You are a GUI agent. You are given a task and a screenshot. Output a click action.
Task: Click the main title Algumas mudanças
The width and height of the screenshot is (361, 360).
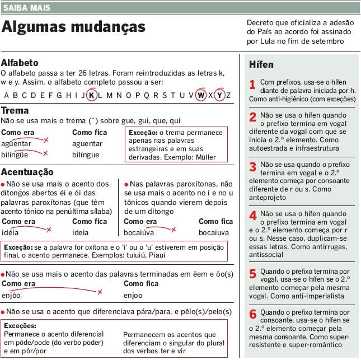[x=73, y=27]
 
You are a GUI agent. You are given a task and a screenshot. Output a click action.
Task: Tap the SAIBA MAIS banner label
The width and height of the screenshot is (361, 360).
[x=26, y=8]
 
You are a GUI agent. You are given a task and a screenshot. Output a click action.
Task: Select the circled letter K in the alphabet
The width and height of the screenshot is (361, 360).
[x=91, y=95]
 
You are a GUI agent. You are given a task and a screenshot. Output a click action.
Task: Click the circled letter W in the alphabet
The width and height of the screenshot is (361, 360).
[x=201, y=95]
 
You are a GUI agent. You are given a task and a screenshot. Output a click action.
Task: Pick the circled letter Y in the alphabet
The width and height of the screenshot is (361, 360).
[x=219, y=95]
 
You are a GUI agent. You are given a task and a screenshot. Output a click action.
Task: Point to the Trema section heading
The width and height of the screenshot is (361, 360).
[x=15, y=110]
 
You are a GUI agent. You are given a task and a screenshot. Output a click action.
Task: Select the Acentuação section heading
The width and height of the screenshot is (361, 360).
[x=27, y=172]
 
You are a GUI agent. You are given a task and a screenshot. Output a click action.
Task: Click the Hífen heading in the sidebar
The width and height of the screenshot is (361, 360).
[x=261, y=65]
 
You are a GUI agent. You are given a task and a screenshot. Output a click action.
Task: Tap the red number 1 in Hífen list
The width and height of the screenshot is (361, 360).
[x=252, y=85]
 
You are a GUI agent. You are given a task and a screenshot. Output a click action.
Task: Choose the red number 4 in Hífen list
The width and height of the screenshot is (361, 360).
[x=253, y=216]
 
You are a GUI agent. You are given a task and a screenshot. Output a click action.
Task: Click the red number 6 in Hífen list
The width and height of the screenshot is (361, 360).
[x=253, y=314]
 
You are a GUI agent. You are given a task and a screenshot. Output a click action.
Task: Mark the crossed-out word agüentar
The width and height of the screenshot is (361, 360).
[x=16, y=144]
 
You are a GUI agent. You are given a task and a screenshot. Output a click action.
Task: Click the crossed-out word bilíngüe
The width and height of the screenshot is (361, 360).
[x=15, y=155]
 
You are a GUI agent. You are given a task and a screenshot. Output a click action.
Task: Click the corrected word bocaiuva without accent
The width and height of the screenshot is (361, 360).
[x=213, y=232]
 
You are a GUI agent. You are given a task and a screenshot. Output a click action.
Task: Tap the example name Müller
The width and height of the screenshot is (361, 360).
[x=205, y=157]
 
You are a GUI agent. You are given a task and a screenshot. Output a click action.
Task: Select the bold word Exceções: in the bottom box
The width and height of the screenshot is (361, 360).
[x=20, y=325]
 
